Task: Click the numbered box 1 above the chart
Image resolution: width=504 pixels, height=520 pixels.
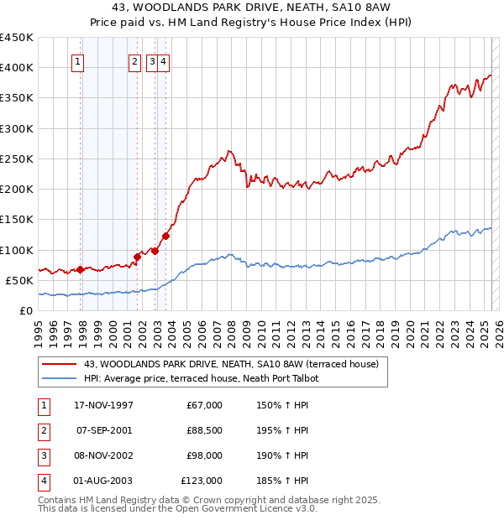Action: tap(77, 60)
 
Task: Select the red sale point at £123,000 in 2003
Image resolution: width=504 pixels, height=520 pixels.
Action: tap(165, 236)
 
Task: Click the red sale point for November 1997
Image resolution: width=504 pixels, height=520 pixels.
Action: tap(81, 269)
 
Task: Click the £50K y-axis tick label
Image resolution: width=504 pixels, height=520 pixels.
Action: tap(20, 280)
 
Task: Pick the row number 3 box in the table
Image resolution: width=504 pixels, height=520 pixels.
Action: tap(42, 455)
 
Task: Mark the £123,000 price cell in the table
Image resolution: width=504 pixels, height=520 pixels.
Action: tap(202, 481)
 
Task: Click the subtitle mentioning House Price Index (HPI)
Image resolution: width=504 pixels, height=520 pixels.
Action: tap(252, 23)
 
